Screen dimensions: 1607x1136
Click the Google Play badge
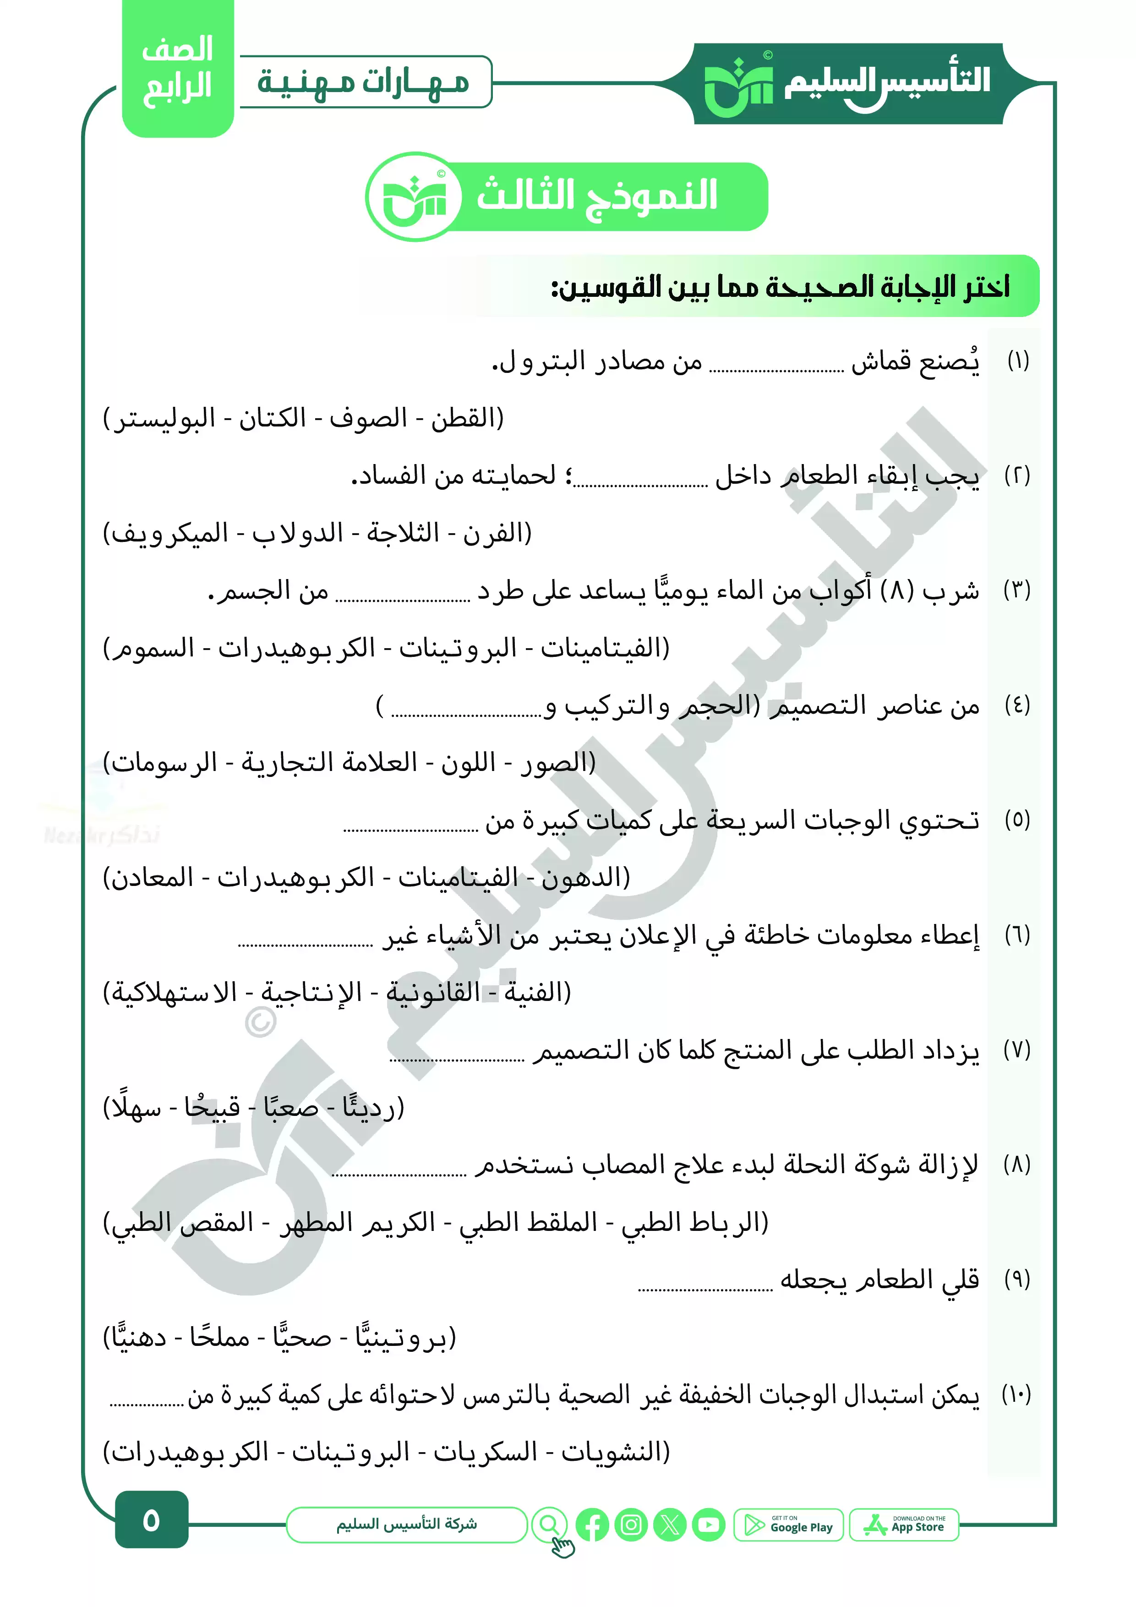point(788,1525)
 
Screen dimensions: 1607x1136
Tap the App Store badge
point(904,1525)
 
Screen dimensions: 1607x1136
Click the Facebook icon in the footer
point(592,1525)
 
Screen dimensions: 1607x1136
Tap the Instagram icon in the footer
point(631,1525)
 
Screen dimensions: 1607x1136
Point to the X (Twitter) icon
point(670,1525)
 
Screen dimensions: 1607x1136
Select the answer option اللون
point(468,763)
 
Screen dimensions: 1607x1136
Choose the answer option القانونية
point(434,993)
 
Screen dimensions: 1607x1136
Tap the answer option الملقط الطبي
point(529,1222)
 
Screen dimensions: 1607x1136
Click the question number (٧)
point(1016,1050)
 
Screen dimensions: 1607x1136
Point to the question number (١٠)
point(1016,1394)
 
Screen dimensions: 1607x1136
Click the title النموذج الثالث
point(596,195)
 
